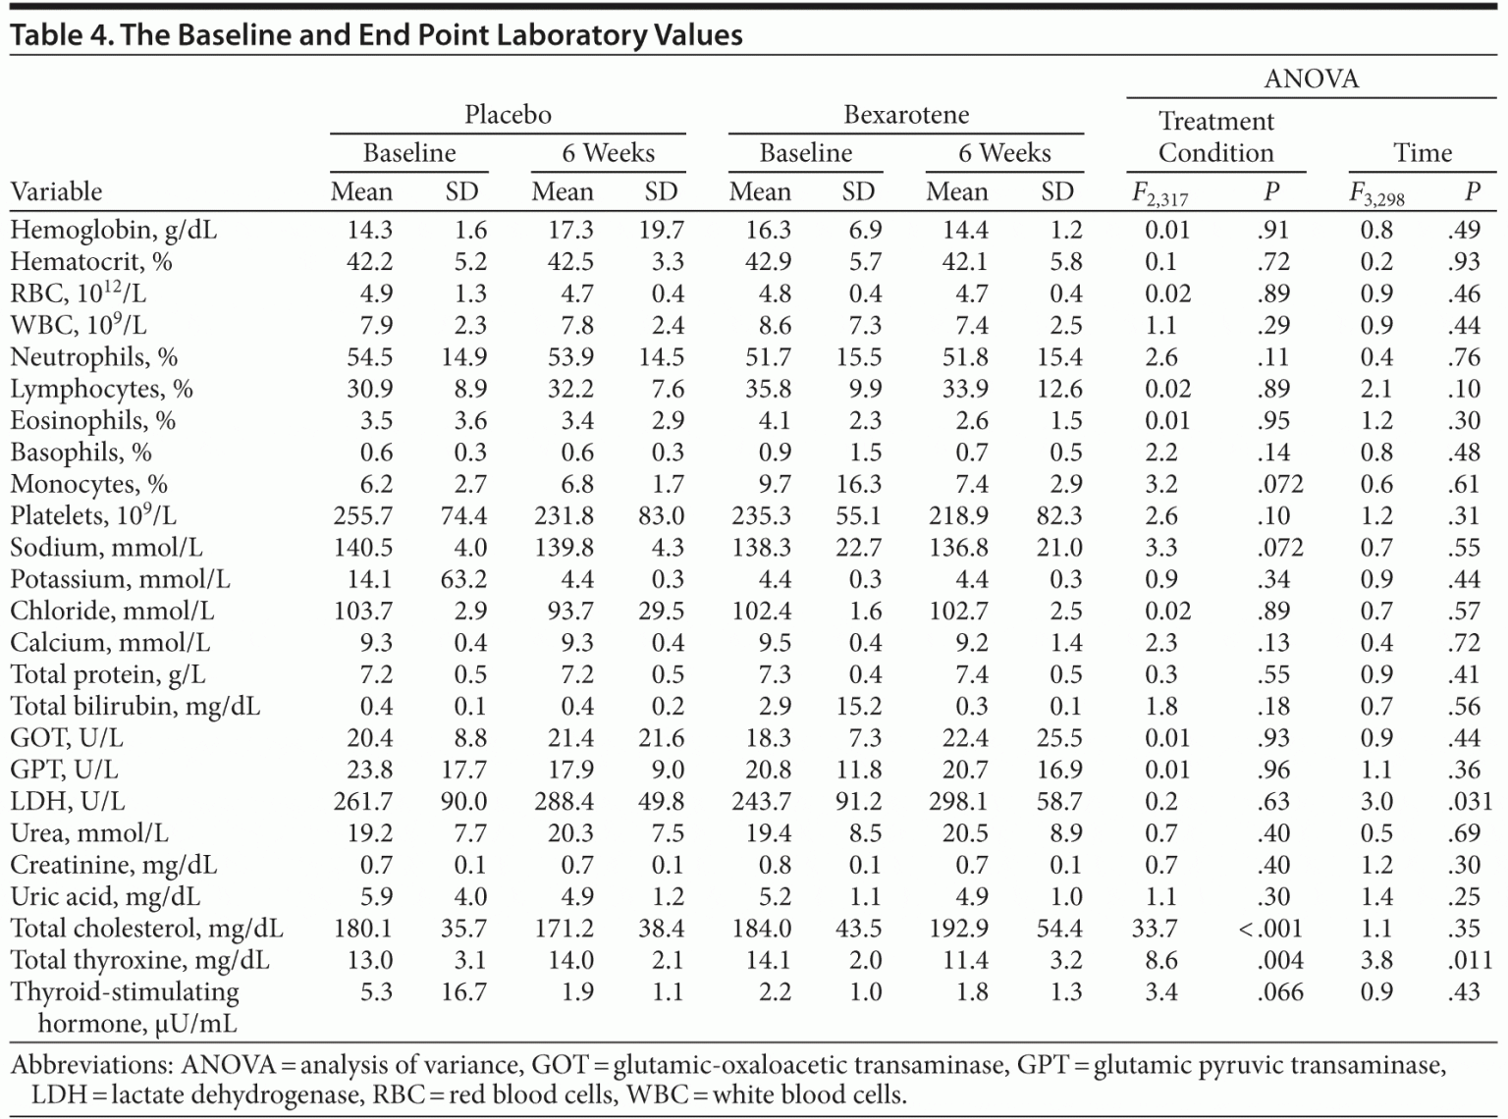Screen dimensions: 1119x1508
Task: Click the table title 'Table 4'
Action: point(62,35)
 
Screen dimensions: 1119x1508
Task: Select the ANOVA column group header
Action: point(1311,79)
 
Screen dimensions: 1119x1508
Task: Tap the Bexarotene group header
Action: point(905,115)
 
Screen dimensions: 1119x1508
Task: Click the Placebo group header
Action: point(508,115)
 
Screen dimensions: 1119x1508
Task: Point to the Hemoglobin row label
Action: point(113,230)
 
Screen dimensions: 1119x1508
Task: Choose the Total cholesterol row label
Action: point(146,928)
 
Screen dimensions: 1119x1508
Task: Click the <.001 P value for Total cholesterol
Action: point(1270,928)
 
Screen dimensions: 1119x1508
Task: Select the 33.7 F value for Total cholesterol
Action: point(1160,928)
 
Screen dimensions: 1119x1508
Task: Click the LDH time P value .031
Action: point(1470,801)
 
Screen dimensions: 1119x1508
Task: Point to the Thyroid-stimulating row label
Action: point(125,992)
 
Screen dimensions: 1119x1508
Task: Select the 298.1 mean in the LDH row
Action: point(958,801)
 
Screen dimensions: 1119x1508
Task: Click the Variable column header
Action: point(56,191)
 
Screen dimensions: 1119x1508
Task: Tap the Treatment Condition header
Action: point(1215,136)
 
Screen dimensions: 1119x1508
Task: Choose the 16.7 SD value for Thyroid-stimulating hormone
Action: point(463,991)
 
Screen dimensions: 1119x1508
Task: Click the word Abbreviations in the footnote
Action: point(89,1065)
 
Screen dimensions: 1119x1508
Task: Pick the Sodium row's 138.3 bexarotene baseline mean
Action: point(761,547)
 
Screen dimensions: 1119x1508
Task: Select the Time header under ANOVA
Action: point(1422,152)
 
